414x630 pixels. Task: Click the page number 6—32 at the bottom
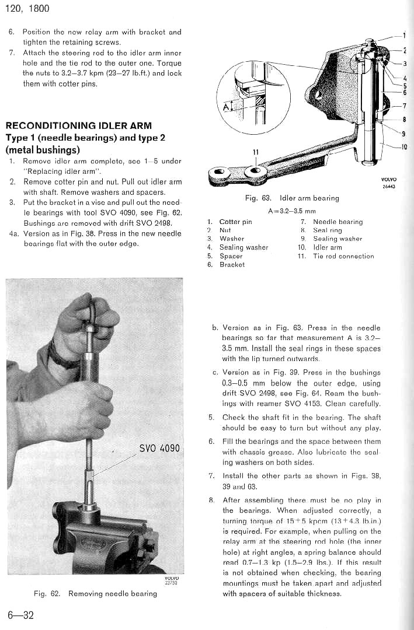20,615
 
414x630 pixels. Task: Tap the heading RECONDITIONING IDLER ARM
78,125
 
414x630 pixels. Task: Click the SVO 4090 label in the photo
160,449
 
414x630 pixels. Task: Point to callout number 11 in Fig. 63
255,152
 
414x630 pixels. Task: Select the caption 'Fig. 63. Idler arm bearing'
292,198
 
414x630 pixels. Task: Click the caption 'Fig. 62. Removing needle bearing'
95,593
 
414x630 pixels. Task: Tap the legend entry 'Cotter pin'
235,222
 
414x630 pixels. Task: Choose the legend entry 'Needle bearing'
338,222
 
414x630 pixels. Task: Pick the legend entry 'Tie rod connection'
343,256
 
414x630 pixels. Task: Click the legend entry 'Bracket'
232,265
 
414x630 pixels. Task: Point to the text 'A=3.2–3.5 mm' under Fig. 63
291,211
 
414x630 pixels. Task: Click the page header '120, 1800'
27,9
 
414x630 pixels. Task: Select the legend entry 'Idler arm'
328,247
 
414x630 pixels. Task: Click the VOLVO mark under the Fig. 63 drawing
388,180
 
